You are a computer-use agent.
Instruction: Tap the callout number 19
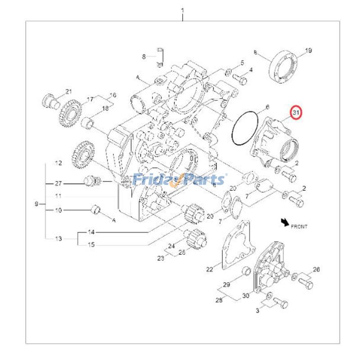tap(309, 50)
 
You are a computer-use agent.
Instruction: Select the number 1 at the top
tap(183, 10)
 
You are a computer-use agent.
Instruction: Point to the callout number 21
tap(68, 92)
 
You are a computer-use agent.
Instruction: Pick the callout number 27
tap(58, 184)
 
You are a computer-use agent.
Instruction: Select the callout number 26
tap(316, 270)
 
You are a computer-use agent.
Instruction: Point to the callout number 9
tap(36, 204)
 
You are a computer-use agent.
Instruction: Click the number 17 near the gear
tap(90, 99)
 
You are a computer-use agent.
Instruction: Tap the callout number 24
tap(171, 246)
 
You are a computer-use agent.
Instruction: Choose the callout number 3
tap(257, 310)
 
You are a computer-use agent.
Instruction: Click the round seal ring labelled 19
tap(284, 67)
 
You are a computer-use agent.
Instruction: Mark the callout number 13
tap(58, 238)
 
